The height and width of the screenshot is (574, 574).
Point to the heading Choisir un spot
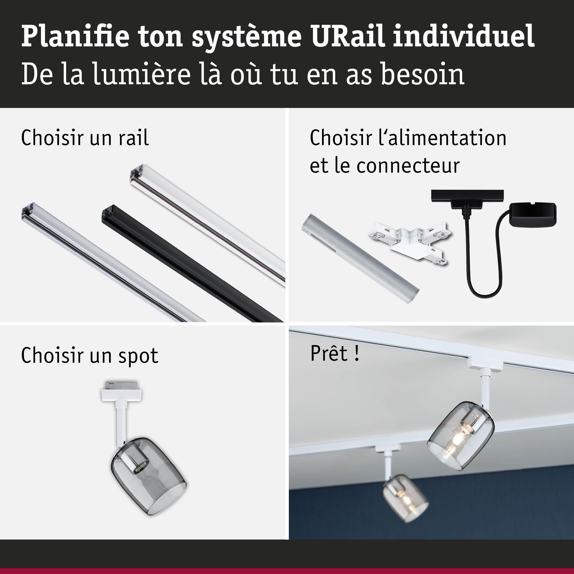(89, 355)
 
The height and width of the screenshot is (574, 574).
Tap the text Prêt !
(335, 353)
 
